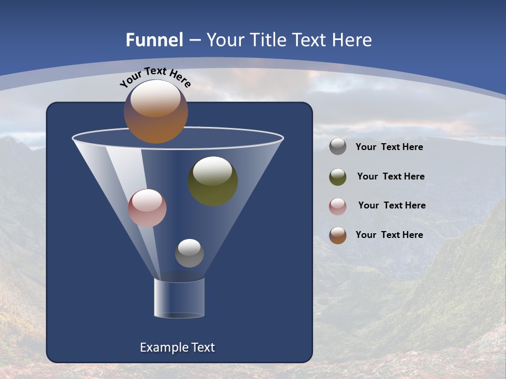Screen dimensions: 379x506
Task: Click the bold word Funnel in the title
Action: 154,40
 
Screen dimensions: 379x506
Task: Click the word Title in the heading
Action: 268,40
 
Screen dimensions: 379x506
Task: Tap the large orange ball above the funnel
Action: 155,112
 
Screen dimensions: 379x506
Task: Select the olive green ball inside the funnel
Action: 212,181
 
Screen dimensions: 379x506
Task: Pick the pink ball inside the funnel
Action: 147,208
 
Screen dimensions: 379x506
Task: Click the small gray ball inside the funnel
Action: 189,253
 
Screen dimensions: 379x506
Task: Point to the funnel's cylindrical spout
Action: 179,298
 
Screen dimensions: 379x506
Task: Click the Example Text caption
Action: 178,347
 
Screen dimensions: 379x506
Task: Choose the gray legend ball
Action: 338,146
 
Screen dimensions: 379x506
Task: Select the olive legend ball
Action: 338,177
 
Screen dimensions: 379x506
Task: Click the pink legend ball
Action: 338,206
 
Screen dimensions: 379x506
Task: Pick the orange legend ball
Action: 338,235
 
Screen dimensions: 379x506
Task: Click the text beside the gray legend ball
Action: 389,147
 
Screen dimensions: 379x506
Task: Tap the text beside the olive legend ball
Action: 391,177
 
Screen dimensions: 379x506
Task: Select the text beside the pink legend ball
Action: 392,206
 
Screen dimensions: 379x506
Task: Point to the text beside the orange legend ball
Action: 389,235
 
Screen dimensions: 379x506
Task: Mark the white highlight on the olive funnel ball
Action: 212,171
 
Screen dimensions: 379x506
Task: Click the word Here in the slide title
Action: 351,40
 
